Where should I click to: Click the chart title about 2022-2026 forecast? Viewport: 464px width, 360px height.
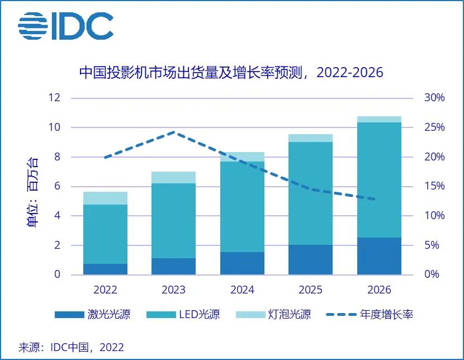pyautogui.click(x=231, y=73)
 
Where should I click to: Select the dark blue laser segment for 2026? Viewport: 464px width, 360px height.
pyautogui.click(x=379, y=256)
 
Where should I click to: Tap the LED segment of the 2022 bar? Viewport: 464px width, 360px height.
pyautogui.click(x=105, y=234)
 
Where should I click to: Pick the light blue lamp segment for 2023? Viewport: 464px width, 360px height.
pyautogui.click(x=173, y=177)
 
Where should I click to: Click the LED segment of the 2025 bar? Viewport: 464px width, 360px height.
pyautogui.click(x=310, y=193)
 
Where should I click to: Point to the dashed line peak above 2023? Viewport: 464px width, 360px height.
pyautogui.click(x=174, y=132)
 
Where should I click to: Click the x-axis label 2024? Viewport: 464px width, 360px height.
pyautogui.click(x=242, y=290)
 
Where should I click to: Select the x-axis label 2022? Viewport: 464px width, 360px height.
pyautogui.click(x=105, y=290)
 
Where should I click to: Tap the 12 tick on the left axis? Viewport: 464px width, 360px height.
pyautogui.click(x=54, y=98)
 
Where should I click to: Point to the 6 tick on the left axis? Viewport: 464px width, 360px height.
pyautogui.click(x=56, y=186)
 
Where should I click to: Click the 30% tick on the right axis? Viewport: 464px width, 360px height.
pyautogui.click(x=434, y=98)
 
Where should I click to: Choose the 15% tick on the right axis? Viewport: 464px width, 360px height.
pyautogui.click(x=434, y=186)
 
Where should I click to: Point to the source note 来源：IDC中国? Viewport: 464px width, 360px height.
pyautogui.click(x=71, y=347)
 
